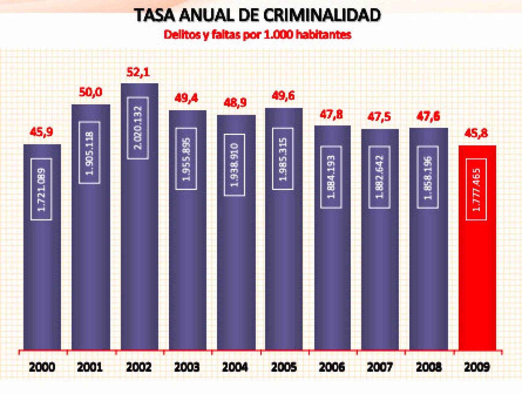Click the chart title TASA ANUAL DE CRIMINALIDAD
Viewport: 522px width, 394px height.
pyautogui.click(x=258, y=15)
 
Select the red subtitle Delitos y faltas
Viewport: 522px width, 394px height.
pyautogui.click(x=258, y=35)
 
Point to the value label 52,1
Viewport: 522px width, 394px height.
pyautogui.click(x=138, y=72)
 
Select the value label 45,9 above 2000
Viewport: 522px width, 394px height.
pyautogui.click(x=41, y=132)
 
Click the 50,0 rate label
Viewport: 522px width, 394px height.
pyautogui.click(x=91, y=92)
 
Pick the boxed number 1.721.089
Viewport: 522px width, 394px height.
pyautogui.click(x=41, y=189)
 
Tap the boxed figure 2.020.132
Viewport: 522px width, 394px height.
pyautogui.click(x=138, y=128)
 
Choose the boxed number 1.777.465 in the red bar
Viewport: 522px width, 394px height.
pyautogui.click(x=476, y=190)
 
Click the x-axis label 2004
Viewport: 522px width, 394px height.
pyautogui.click(x=235, y=367)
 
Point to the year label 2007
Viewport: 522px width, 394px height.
pyautogui.click(x=380, y=367)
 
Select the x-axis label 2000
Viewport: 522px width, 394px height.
pyautogui.click(x=42, y=367)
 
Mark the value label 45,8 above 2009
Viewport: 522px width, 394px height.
pyautogui.click(x=476, y=133)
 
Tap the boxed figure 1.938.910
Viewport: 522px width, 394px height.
pyautogui.click(x=234, y=165)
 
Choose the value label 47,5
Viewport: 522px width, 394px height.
pyautogui.click(x=379, y=117)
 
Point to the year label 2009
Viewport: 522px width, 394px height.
pyautogui.click(x=477, y=367)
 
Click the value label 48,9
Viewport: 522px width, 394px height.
pyautogui.click(x=235, y=102)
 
